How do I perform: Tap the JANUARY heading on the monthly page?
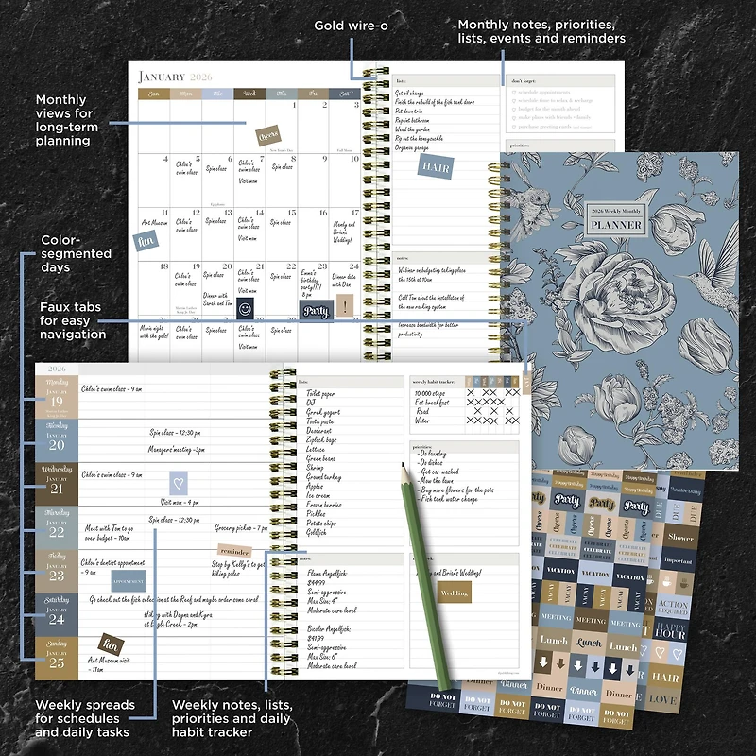coord(163,77)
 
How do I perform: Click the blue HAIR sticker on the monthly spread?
coord(436,167)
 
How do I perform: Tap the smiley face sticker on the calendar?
coord(246,308)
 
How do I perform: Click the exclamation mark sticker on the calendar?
coord(345,306)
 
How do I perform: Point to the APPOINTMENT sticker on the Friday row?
coord(129,581)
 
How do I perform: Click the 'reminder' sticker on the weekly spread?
coord(233,551)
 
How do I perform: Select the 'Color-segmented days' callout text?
coord(76,253)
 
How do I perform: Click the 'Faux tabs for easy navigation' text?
coord(73,320)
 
